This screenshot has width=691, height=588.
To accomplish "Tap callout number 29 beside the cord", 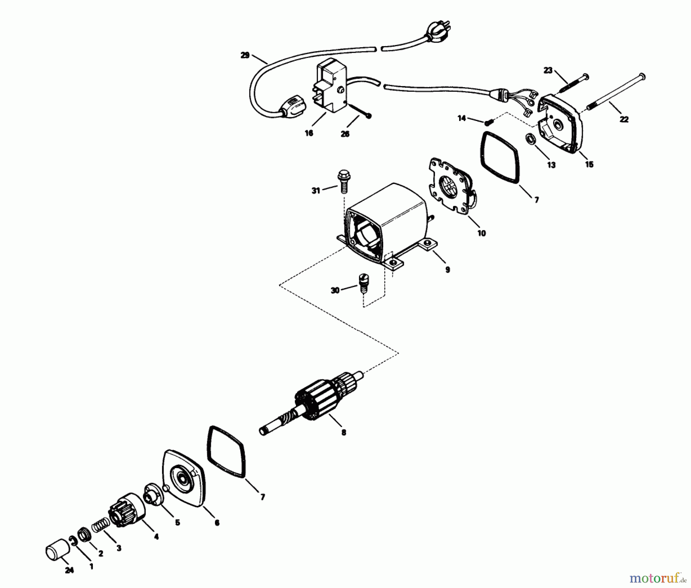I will click(x=245, y=55).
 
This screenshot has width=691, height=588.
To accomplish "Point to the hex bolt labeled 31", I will click(x=342, y=184).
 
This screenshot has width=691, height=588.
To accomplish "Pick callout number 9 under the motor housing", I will click(x=448, y=270).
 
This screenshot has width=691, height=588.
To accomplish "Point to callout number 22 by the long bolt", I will click(x=624, y=119).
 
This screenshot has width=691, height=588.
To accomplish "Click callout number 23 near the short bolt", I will click(x=548, y=70).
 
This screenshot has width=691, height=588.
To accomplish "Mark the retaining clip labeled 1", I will click(x=74, y=541).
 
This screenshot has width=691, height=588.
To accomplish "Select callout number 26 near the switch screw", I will click(x=345, y=134).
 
